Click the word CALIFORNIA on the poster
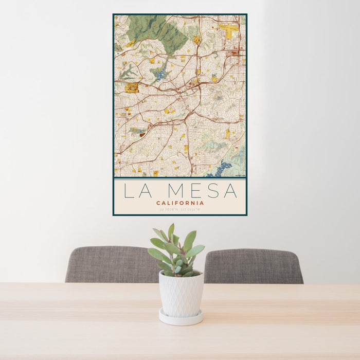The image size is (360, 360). tap(179, 203)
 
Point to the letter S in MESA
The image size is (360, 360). tap(212, 191)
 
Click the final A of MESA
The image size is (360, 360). tap(230, 191)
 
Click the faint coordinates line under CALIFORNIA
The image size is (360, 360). tap(179, 209)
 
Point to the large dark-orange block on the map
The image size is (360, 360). tap(131, 88)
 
